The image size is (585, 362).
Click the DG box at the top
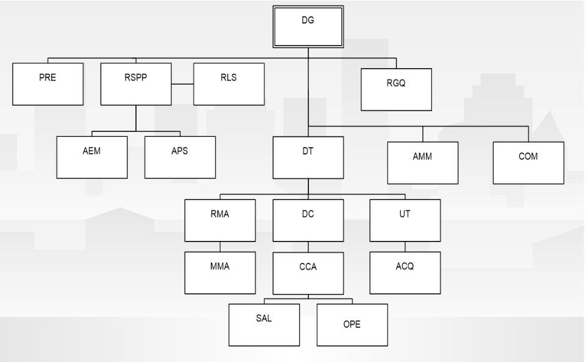click(x=308, y=27)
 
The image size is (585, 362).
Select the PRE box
click(x=48, y=84)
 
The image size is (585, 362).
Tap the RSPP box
click(x=136, y=84)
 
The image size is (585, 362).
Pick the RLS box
click(x=229, y=84)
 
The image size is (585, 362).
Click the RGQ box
click(x=396, y=89)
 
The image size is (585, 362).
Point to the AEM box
click(x=92, y=157)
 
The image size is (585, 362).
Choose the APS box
click(x=180, y=157)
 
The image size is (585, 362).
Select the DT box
click(x=308, y=157)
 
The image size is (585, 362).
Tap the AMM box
click(x=422, y=162)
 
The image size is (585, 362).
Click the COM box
click(x=528, y=162)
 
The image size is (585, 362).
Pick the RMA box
click(x=220, y=220)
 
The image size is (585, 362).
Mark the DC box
click(x=308, y=220)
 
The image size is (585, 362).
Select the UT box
click(x=405, y=220)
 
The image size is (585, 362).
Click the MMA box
click(x=220, y=273)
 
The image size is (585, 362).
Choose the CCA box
click(x=308, y=273)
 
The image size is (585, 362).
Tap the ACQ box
click(x=405, y=273)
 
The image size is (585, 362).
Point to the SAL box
click(x=264, y=325)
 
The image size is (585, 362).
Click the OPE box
click(x=352, y=325)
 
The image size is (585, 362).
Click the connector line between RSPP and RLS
click(x=182, y=84)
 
